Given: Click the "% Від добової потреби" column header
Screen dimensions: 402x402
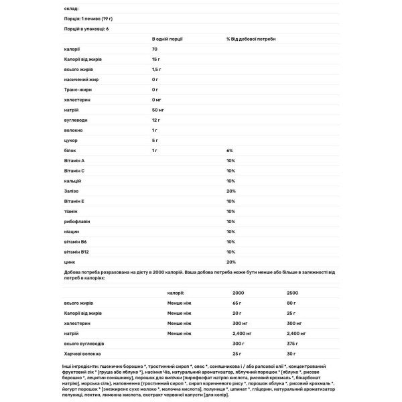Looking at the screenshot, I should click(251, 39).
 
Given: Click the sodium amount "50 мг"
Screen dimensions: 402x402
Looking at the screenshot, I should click(158, 109).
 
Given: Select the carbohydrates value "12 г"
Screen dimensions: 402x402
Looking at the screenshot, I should click(156, 119).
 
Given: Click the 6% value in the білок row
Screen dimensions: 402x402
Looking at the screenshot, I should click(230, 151).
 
